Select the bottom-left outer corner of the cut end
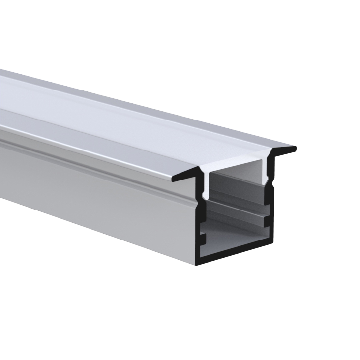point(196,264)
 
